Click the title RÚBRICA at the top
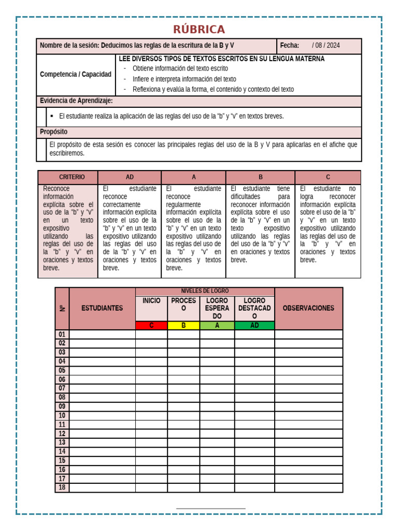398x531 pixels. (x=199, y=29)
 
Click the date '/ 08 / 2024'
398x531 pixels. (x=326, y=46)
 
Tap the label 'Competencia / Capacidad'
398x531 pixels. (x=76, y=74)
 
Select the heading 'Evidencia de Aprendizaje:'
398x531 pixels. (x=76, y=101)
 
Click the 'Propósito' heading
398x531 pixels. (x=54, y=132)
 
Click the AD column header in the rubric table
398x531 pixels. (x=130, y=177)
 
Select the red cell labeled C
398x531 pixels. (x=151, y=326)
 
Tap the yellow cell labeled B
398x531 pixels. (x=183, y=326)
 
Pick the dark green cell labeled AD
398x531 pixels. (x=254, y=326)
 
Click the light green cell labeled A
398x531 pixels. (x=217, y=326)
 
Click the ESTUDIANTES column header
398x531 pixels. (x=102, y=308)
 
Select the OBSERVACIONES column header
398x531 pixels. (x=308, y=308)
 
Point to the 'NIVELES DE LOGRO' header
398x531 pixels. (x=205, y=291)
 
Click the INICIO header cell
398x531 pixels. (x=151, y=301)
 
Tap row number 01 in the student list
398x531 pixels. (x=62, y=334)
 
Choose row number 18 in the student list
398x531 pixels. (x=62, y=487)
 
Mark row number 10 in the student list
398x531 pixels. (x=62, y=415)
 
